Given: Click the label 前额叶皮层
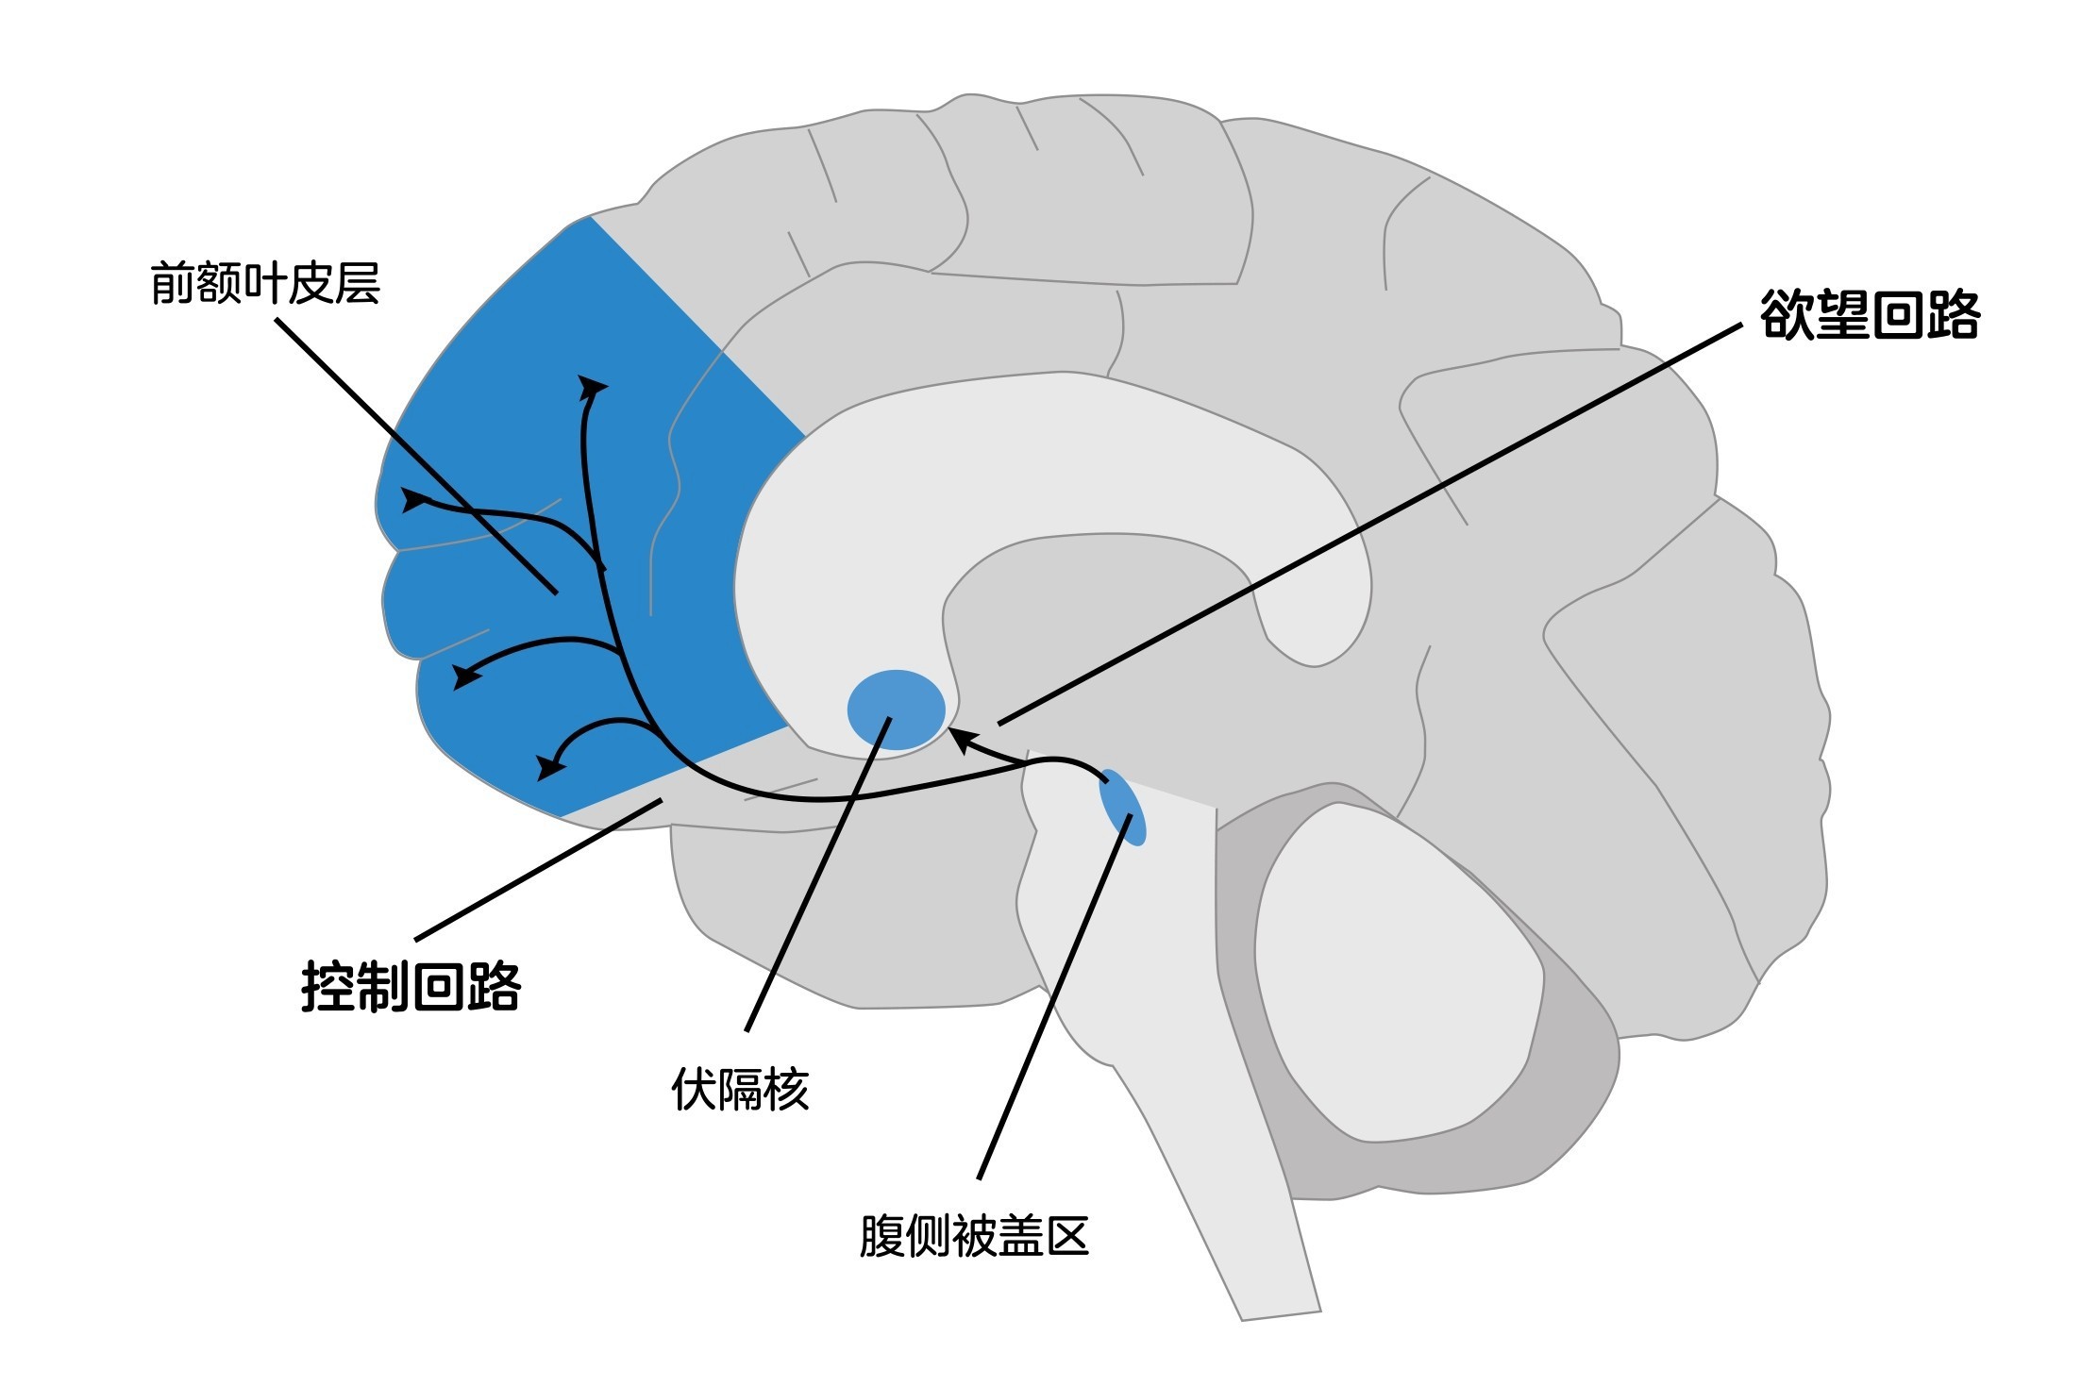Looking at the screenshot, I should [265, 284].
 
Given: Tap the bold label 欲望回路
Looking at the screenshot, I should [1869, 315].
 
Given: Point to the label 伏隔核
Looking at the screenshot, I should [740, 1091].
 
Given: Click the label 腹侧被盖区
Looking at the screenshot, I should [974, 1237].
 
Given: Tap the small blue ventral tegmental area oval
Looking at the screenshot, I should [1122, 807].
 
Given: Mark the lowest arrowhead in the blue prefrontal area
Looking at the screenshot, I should [547, 767].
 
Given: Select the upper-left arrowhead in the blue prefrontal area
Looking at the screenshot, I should [413, 500].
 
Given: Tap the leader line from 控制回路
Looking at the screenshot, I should [538, 869].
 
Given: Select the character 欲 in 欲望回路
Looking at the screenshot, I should [1786, 315].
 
